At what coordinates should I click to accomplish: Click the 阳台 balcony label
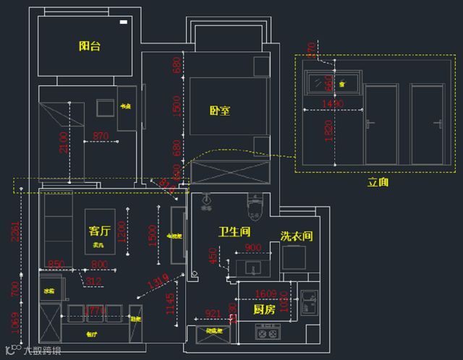(90, 46)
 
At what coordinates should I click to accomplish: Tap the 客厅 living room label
(100, 231)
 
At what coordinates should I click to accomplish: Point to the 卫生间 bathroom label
(234, 232)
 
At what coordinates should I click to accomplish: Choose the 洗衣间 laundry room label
(297, 236)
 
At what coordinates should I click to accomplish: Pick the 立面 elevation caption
(378, 182)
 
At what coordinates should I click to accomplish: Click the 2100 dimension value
(63, 142)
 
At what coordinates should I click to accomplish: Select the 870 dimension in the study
(101, 135)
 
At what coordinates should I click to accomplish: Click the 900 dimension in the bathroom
(253, 248)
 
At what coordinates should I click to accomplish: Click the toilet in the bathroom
(253, 208)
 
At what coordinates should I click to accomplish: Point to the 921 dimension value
(213, 314)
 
